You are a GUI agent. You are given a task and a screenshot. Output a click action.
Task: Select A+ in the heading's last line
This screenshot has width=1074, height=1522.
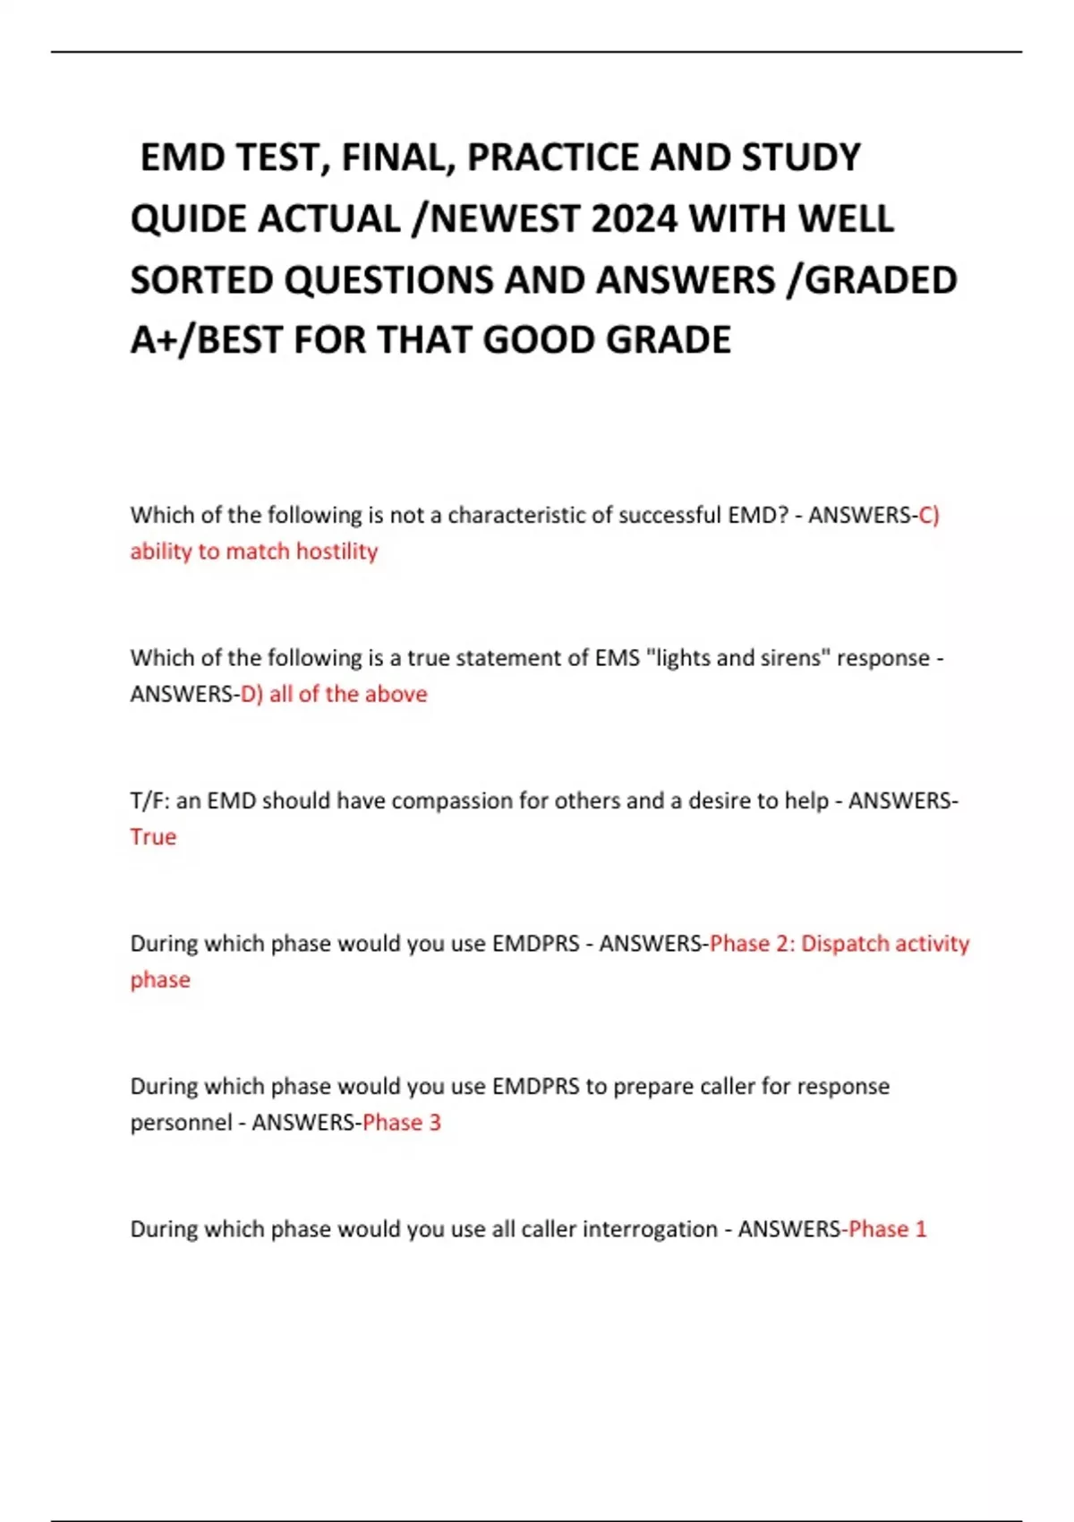153,341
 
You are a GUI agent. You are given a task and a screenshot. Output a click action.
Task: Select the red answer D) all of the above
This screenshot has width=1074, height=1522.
334,695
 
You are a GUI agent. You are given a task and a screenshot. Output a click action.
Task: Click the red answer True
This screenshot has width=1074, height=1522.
153,837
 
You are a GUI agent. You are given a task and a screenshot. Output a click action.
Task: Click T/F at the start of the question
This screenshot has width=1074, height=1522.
149,801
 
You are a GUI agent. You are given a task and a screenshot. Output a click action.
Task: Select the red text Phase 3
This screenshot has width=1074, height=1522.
402,1123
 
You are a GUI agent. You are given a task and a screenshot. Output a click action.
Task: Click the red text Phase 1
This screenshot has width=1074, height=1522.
887,1229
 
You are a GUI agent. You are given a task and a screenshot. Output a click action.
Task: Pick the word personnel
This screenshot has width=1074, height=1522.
181,1123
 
